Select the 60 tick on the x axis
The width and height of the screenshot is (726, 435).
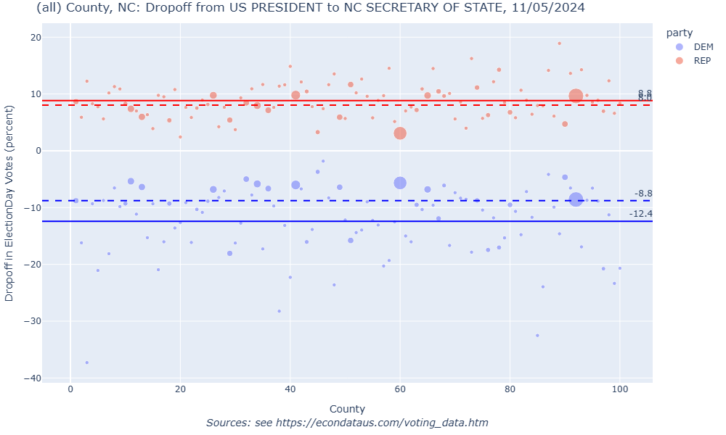click(400, 391)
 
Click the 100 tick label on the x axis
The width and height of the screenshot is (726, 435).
click(619, 391)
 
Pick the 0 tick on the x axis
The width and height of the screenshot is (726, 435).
click(70, 391)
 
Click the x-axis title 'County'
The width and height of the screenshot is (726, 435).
click(347, 409)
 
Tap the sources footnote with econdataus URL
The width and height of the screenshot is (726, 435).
click(347, 423)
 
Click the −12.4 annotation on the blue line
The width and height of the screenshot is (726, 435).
click(640, 214)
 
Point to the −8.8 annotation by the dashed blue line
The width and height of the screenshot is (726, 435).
click(643, 194)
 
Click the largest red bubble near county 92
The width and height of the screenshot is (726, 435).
click(576, 96)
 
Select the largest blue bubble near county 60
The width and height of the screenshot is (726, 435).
click(400, 183)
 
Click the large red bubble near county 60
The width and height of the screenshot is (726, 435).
click(400, 133)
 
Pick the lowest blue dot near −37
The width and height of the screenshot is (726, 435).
click(87, 362)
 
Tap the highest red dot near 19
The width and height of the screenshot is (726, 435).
click(559, 43)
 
